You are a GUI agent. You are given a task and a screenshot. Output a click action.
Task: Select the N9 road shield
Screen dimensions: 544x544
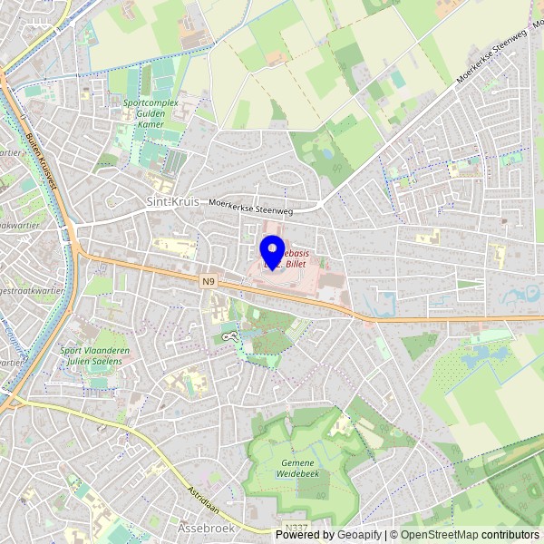209,282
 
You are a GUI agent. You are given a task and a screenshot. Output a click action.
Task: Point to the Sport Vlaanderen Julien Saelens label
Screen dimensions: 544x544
91,355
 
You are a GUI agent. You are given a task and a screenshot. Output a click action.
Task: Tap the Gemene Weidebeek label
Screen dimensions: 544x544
297,468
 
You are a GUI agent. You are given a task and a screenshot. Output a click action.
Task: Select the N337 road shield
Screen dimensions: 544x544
296,527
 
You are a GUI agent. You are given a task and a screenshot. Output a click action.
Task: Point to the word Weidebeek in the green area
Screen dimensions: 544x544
297,473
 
